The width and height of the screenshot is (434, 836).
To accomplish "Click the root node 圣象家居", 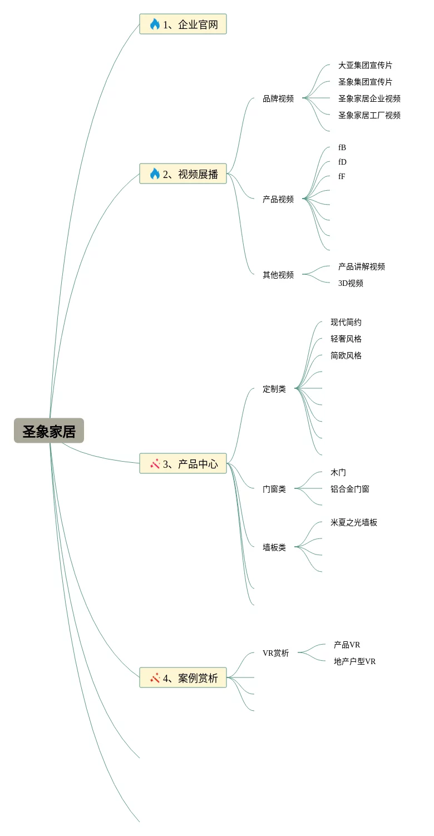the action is (49, 431).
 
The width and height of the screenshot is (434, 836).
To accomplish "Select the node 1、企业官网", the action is (183, 24).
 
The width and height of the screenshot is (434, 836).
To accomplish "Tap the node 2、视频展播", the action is (183, 174).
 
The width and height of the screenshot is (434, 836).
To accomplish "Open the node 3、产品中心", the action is (183, 464).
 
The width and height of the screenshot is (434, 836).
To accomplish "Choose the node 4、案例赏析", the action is (183, 678).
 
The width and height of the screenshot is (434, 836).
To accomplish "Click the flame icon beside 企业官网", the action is (155, 24).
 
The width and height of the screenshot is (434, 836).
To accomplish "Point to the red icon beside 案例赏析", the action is (155, 678).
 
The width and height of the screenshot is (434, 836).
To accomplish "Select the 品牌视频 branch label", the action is (278, 99).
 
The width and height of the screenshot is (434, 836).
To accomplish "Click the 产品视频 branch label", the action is (278, 199).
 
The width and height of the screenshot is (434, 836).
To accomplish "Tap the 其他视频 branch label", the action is (278, 275).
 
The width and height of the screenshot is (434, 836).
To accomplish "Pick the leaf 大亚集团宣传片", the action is (365, 66).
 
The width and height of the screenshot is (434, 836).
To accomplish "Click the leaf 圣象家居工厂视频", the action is (369, 116).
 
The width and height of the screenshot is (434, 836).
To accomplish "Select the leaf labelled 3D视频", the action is (351, 283).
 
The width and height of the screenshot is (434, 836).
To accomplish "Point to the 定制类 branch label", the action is (274, 389).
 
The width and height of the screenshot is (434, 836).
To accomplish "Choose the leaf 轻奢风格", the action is (346, 339).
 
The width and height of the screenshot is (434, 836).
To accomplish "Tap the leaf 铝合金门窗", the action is (349, 489).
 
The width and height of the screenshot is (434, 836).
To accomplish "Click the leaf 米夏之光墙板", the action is (353, 522).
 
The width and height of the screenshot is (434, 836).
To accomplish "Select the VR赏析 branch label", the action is (275, 653).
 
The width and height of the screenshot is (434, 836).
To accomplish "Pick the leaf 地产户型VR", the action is (354, 661).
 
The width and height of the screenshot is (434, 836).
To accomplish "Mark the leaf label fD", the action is (342, 162).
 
